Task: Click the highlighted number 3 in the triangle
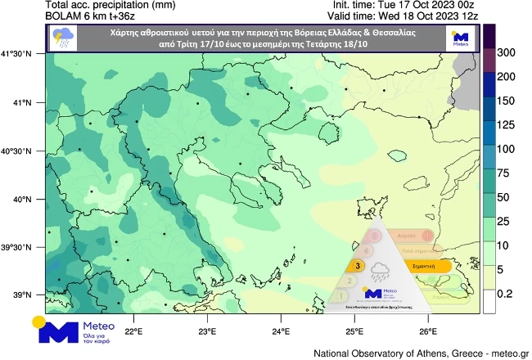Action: [x=358, y=266]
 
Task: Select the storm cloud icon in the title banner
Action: [x=61, y=38]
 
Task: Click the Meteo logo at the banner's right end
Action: [x=460, y=38]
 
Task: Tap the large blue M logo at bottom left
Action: [x=54, y=331]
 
